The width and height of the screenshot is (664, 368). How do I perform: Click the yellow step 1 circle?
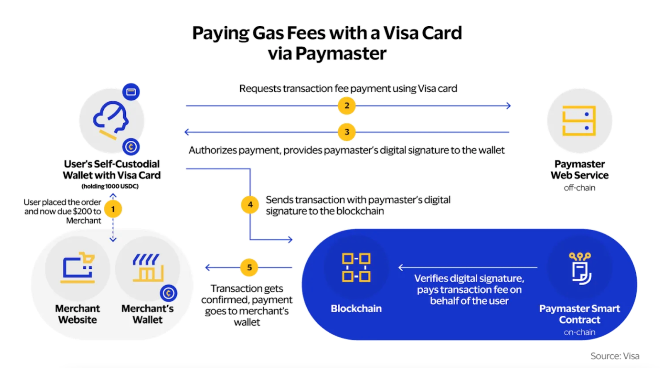click(x=113, y=209)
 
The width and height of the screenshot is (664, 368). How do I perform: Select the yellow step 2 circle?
click(x=347, y=105)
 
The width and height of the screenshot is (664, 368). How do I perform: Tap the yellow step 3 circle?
click(x=347, y=132)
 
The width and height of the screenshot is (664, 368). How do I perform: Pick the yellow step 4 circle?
click(x=250, y=205)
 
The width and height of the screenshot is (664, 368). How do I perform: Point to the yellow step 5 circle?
click(x=249, y=267)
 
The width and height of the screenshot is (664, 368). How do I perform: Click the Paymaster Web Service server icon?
click(x=579, y=120)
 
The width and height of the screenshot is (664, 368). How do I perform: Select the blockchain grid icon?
click(x=356, y=267)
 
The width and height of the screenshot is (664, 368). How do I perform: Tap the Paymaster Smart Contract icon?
click(x=580, y=268)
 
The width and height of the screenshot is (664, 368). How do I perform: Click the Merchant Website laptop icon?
click(x=78, y=267)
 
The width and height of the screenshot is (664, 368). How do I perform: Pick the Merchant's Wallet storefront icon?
click(x=148, y=267)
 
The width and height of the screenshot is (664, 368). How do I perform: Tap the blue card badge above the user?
click(x=131, y=92)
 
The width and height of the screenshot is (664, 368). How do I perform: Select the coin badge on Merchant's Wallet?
click(x=168, y=293)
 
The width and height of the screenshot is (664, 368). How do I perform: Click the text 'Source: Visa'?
click(x=615, y=356)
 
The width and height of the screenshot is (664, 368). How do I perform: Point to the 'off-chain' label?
click(x=579, y=188)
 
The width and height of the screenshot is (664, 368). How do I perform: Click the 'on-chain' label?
click(x=579, y=332)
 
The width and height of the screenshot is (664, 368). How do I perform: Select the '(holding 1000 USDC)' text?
click(x=110, y=186)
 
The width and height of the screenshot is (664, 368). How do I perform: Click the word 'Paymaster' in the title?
click(x=341, y=54)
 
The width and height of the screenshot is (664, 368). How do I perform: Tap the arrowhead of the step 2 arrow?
click(x=509, y=105)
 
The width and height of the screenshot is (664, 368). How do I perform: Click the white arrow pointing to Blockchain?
click(x=468, y=267)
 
